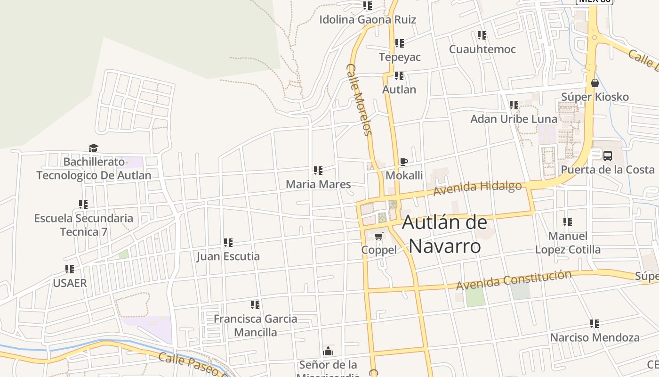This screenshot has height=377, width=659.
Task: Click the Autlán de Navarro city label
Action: (x=445, y=234)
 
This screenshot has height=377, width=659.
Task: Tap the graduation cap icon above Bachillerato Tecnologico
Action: (x=94, y=148)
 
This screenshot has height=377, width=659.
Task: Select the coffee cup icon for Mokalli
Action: (x=403, y=162)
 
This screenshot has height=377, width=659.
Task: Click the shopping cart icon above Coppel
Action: (x=379, y=236)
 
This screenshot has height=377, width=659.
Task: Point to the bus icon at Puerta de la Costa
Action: (x=608, y=156)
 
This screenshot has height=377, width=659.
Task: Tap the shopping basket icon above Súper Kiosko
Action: (x=595, y=83)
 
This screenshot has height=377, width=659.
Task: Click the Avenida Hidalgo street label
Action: (x=477, y=188)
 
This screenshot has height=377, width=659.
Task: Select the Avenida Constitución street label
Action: (x=514, y=279)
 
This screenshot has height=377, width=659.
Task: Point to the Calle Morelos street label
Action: (x=360, y=99)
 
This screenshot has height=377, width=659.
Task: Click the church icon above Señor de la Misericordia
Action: (x=328, y=351)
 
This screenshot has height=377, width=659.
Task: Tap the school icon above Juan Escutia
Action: (x=228, y=243)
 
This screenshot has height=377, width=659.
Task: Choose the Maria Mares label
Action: (x=318, y=184)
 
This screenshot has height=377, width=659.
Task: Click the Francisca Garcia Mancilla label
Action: (x=255, y=325)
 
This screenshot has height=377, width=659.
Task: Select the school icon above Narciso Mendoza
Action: (x=595, y=324)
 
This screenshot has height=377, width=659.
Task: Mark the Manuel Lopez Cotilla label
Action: (x=568, y=242)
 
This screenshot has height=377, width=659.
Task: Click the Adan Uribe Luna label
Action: (x=514, y=119)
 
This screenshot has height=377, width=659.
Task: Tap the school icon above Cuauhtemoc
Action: (x=482, y=35)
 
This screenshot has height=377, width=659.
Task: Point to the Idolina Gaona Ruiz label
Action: (x=368, y=20)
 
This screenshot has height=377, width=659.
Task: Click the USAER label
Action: (x=70, y=283)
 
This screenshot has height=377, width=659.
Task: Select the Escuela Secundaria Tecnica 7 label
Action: (x=84, y=225)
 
